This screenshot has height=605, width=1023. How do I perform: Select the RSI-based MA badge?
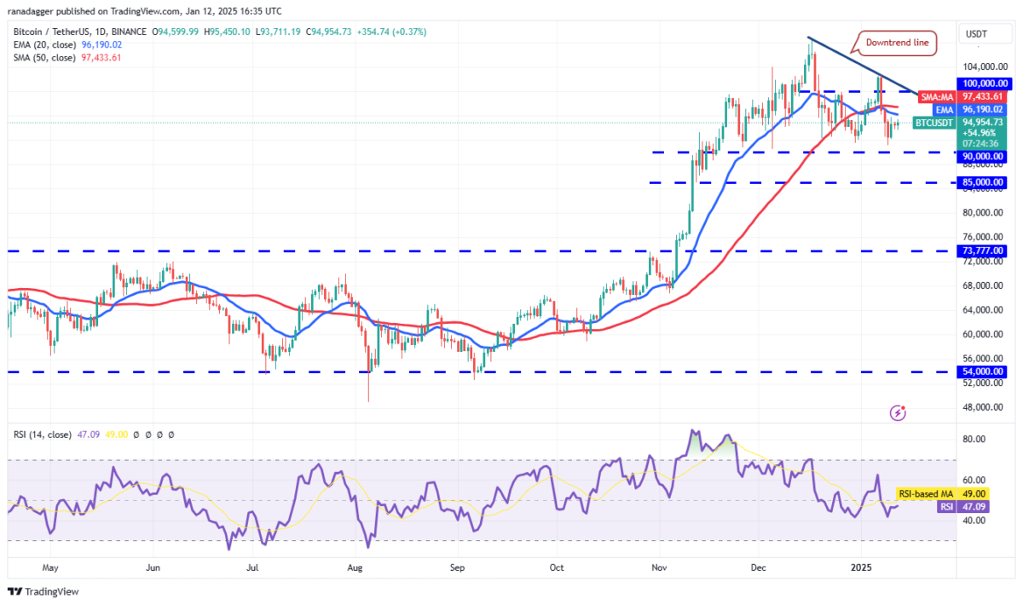pyautogui.click(x=927, y=493)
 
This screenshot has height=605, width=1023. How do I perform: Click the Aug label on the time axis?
pyautogui.click(x=355, y=567)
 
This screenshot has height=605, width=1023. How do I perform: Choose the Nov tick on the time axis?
pyautogui.click(x=657, y=567)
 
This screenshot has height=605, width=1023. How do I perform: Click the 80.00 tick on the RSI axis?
pyautogui.click(x=974, y=440)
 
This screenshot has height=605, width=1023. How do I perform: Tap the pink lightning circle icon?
pyautogui.click(x=897, y=412)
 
